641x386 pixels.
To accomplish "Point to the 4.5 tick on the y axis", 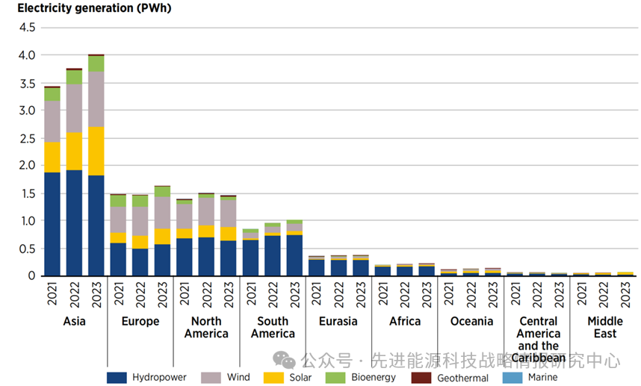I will tap(27, 28).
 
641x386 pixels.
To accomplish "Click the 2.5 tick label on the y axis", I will tap(27, 138).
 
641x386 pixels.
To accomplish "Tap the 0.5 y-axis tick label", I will tap(27, 249).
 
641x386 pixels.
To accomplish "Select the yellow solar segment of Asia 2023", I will tap(96, 151).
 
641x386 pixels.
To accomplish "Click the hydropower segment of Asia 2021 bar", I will tap(52, 224).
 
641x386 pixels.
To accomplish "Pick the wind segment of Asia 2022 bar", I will tap(74, 108).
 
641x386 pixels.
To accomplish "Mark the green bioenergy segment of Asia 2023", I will tap(96, 63).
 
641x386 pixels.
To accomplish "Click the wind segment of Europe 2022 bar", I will tap(140, 221).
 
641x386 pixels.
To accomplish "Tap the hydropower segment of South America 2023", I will tap(294, 255).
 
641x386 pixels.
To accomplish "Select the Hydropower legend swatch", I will tap(117, 378).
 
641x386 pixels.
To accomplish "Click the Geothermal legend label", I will tap(462, 378).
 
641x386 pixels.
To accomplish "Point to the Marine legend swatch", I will tap(513, 378).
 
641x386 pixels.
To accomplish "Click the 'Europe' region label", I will tap(140, 321).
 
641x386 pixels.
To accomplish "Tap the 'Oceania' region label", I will tap(471, 321).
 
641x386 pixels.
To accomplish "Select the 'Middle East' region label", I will tap(604, 327).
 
